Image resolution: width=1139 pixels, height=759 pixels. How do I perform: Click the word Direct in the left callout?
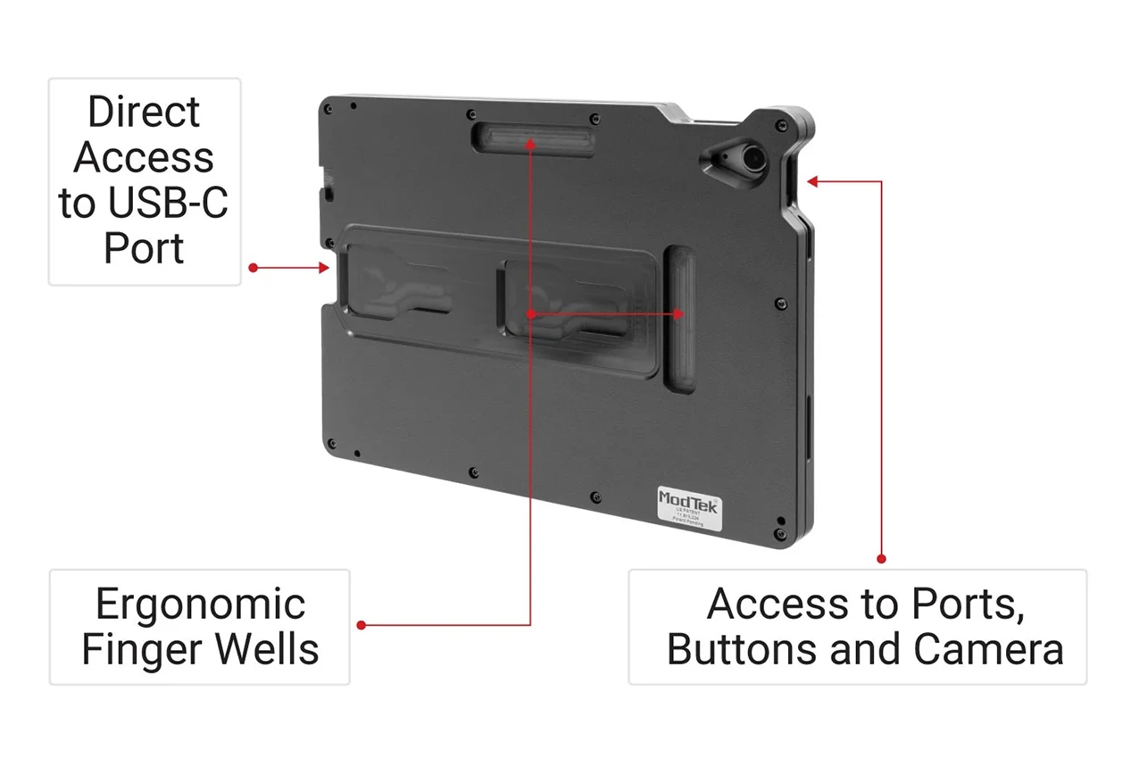144,113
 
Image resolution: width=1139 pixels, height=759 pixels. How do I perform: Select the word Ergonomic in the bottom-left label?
200,605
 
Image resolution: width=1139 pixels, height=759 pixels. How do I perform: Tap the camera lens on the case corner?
752,158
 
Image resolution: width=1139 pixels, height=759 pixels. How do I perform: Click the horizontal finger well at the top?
534,141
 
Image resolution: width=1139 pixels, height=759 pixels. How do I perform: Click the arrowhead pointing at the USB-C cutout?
326,267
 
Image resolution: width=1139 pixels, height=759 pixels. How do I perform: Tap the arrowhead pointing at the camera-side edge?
812,182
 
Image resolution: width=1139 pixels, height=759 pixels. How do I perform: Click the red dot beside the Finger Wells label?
361,625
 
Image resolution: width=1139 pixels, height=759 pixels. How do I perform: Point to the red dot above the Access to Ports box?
881,559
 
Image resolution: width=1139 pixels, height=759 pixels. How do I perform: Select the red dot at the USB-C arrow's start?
254,267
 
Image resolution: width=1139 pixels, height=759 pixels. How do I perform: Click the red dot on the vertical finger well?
679,313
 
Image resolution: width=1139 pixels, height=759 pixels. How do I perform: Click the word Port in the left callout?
144,248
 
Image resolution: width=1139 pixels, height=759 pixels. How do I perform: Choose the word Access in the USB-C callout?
144,158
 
